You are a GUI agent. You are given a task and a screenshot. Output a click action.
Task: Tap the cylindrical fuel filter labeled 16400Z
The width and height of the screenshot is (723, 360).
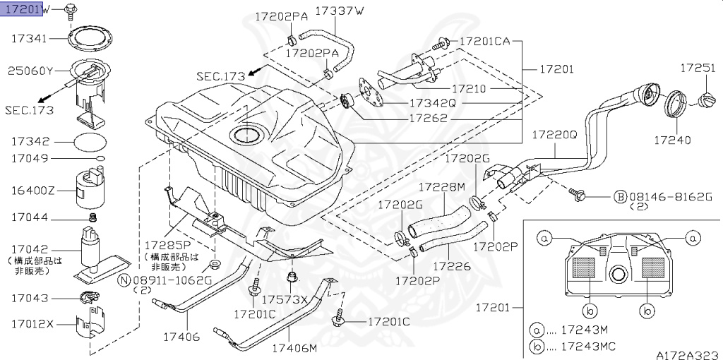[x=89, y=191]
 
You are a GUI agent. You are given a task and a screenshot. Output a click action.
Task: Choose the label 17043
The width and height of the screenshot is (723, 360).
[x=29, y=299]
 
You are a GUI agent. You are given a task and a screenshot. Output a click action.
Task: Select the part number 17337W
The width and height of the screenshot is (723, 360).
[x=340, y=11]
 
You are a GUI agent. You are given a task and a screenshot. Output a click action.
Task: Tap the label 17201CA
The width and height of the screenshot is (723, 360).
[x=484, y=42]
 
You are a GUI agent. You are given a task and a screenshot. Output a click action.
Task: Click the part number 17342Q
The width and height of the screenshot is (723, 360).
[x=433, y=103]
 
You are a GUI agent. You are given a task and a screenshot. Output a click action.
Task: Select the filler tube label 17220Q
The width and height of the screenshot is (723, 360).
[x=554, y=133]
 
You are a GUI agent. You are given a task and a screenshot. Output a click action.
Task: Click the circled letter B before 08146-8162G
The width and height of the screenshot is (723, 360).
[x=619, y=196]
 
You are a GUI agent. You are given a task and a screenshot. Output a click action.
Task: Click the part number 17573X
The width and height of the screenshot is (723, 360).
[x=290, y=299]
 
